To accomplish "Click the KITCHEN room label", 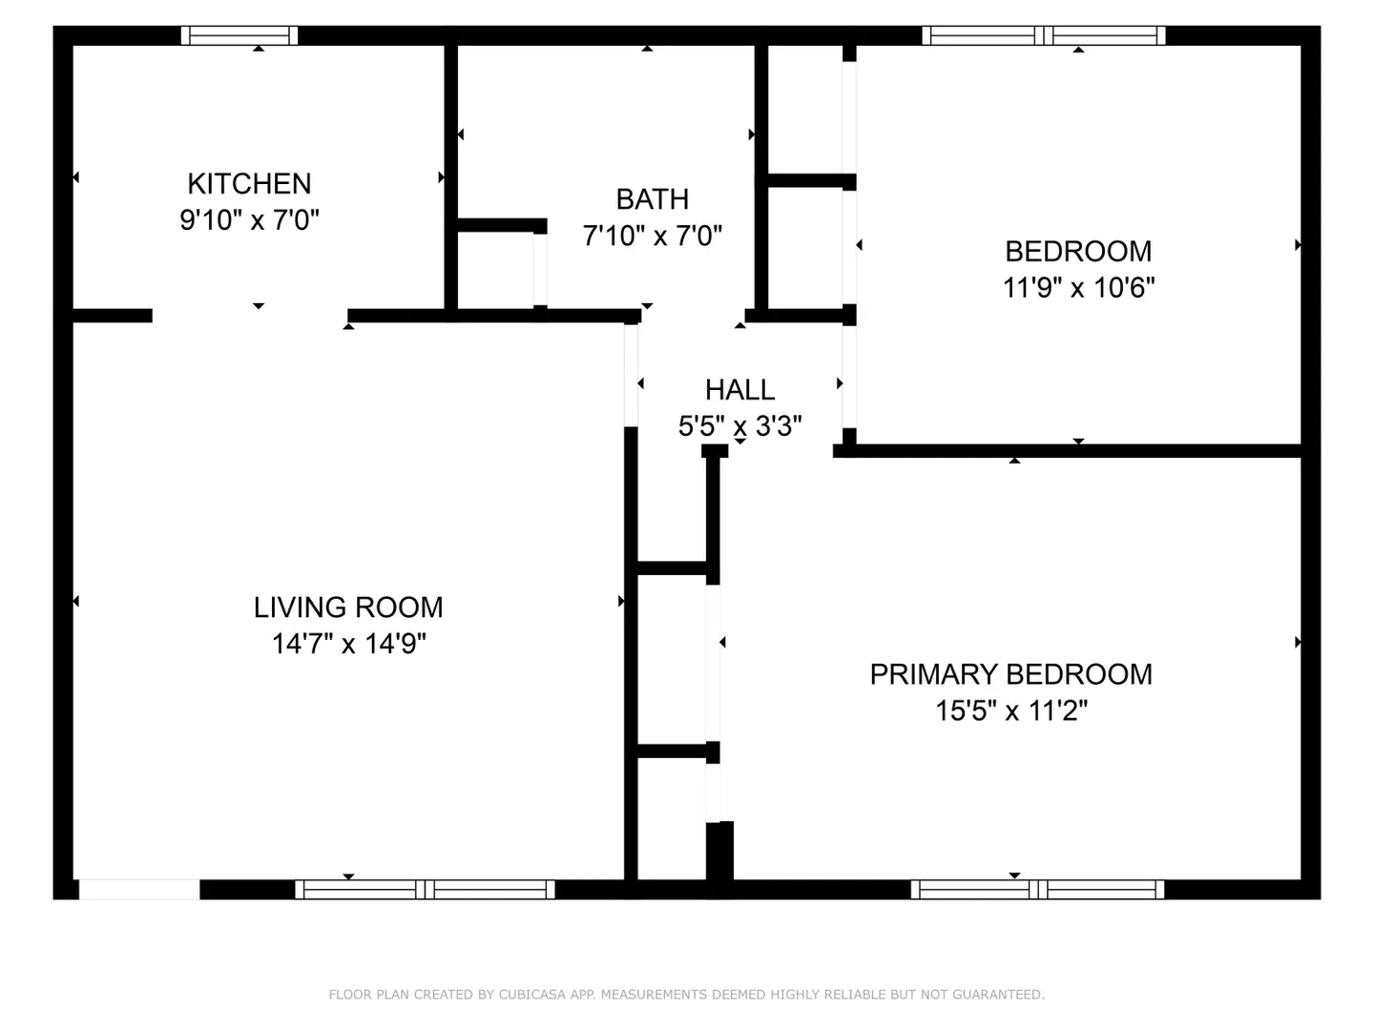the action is tap(249, 184).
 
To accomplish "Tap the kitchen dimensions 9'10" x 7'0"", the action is tap(249, 220).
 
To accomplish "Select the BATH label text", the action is tap(653, 199).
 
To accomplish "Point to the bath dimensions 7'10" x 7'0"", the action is tap(653, 236).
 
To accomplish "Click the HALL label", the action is tap(739, 390).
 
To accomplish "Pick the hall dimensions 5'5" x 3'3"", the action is tap(739, 426).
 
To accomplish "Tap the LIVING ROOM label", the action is tap(348, 608).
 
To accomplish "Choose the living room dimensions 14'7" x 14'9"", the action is tap(348, 644).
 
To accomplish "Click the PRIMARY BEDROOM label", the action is tap(1010, 675).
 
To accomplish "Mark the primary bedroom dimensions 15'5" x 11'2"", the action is tap(1010, 711).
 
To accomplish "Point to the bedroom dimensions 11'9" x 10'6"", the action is tap(1078, 288).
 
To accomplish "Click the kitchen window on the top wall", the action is tap(239, 35).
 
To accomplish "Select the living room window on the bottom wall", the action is tap(425, 889).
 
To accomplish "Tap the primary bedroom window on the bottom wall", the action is tap(1037, 889).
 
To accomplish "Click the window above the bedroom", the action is tap(1044, 35).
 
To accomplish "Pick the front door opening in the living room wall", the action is tap(139, 889).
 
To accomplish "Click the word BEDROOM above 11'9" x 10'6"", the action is tap(1078, 252).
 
